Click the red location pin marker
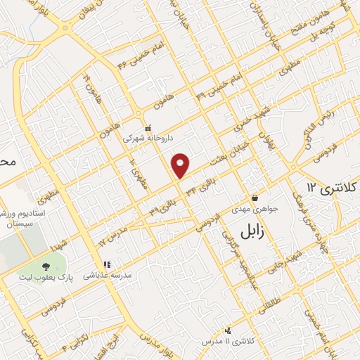(181, 165)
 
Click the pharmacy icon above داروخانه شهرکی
(148, 129)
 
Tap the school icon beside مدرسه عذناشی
(107, 265)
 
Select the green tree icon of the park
(46, 266)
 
